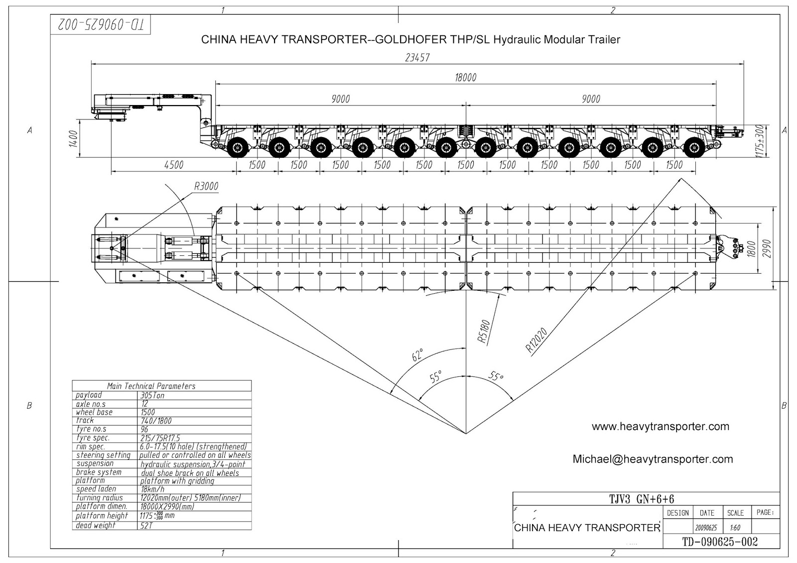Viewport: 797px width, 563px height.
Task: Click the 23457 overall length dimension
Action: point(417,57)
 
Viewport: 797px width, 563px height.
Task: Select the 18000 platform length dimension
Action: point(465,77)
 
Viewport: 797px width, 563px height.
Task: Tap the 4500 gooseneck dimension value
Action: point(173,165)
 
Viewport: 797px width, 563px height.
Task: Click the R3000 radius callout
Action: point(206,187)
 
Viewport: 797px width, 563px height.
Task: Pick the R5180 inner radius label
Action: point(484,332)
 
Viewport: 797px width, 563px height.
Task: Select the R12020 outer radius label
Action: point(536,339)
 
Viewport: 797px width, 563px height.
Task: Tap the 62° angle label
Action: point(417,354)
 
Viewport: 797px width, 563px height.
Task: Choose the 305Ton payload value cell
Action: point(152,395)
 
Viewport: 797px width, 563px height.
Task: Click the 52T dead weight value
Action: point(147,526)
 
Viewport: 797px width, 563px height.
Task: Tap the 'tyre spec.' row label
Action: point(93,438)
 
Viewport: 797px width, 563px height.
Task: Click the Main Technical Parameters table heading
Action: point(151,386)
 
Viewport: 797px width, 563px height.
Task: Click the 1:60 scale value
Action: point(735,528)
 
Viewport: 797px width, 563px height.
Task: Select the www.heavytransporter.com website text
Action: point(661,427)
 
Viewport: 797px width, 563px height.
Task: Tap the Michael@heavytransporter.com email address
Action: point(653,459)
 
